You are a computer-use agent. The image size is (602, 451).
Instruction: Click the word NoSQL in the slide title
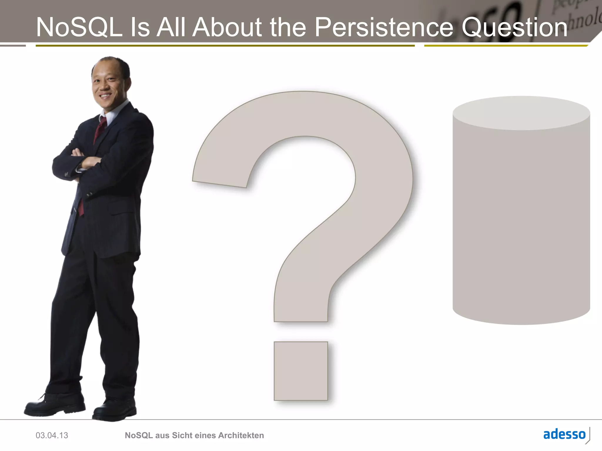click(x=79, y=27)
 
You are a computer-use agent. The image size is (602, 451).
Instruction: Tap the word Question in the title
click(x=514, y=28)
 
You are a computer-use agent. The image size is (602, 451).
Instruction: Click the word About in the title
click(x=227, y=27)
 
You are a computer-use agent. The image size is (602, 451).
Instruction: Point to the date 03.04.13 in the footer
click(x=52, y=435)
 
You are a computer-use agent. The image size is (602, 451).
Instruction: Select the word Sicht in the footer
click(x=181, y=435)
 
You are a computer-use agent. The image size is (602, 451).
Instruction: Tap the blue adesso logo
click(x=564, y=434)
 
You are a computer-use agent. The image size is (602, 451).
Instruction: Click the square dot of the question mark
click(x=301, y=371)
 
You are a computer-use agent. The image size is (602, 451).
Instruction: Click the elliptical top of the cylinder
click(x=521, y=113)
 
